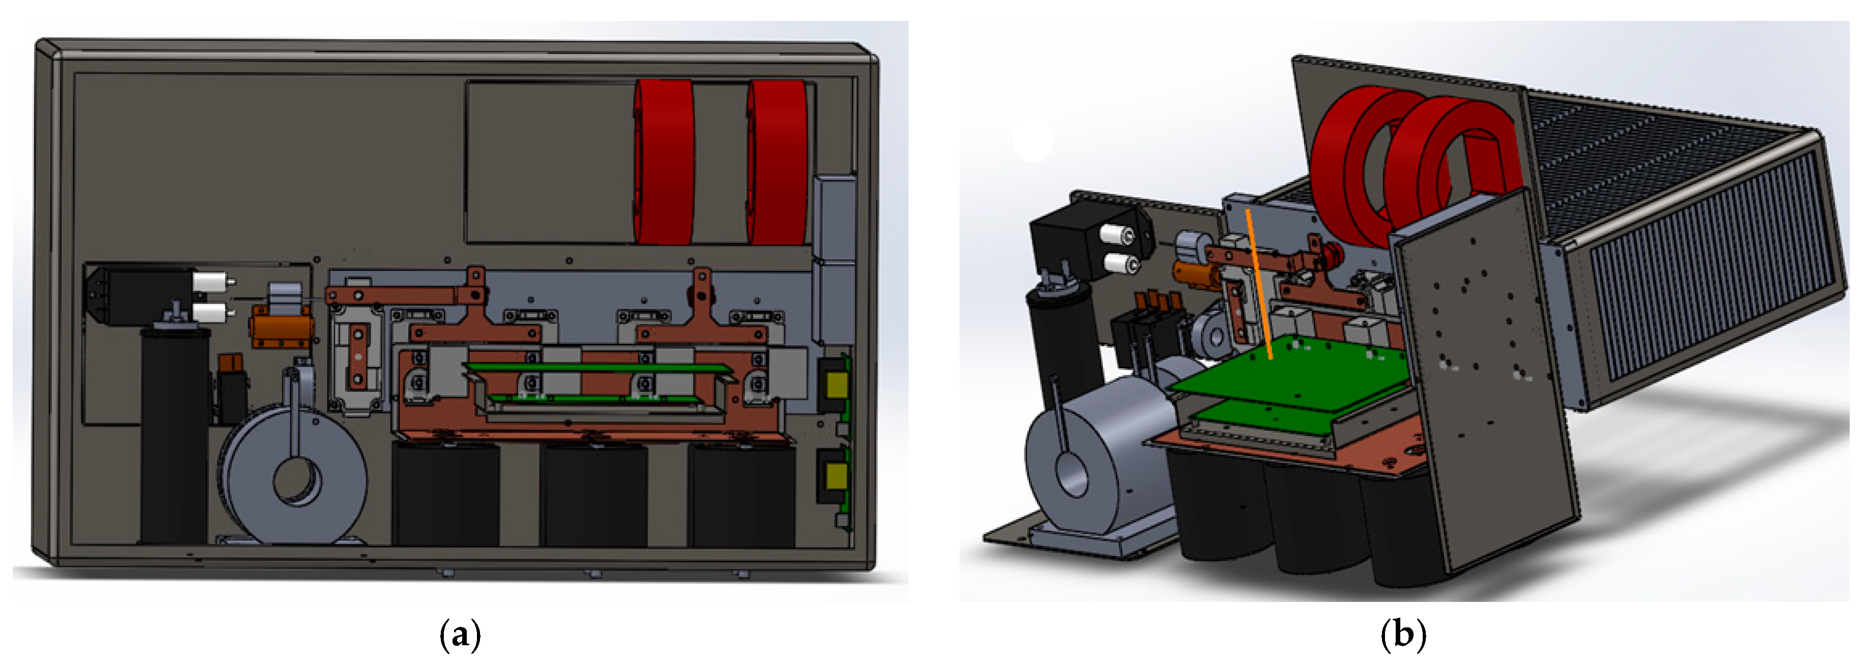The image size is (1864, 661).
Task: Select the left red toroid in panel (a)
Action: [663, 162]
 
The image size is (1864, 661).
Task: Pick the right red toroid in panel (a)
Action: [777, 162]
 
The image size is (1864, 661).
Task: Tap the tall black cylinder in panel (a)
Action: [174, 434]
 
